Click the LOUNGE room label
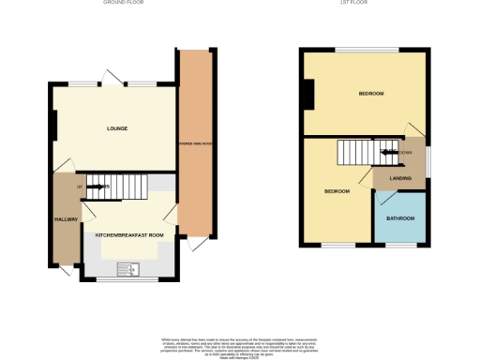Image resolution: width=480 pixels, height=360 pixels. pyautogui.click(x=117, y=128)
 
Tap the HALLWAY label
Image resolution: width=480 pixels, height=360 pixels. pyautogui.click(x=66, y=219)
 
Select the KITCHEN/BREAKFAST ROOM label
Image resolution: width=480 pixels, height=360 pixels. pyautogui.click(x=129, y=234)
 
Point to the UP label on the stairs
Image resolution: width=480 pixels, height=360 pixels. pyautogui.click(x=81, y=187)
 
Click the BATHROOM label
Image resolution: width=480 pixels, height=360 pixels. pyautogui.click(x=400, y=218)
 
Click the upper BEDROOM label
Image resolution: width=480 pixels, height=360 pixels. pyautogui.click(x=370, y=94)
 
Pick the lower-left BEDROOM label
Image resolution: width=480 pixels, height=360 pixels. pyautogui.click(x=337, y=191)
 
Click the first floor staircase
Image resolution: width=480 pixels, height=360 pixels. pyautogui.click(x=361, y=152)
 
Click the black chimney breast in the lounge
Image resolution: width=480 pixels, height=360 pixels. pyautogui.click(x=54, y=125)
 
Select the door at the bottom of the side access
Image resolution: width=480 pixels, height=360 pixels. pyautogui.click(x=198, y=244)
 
